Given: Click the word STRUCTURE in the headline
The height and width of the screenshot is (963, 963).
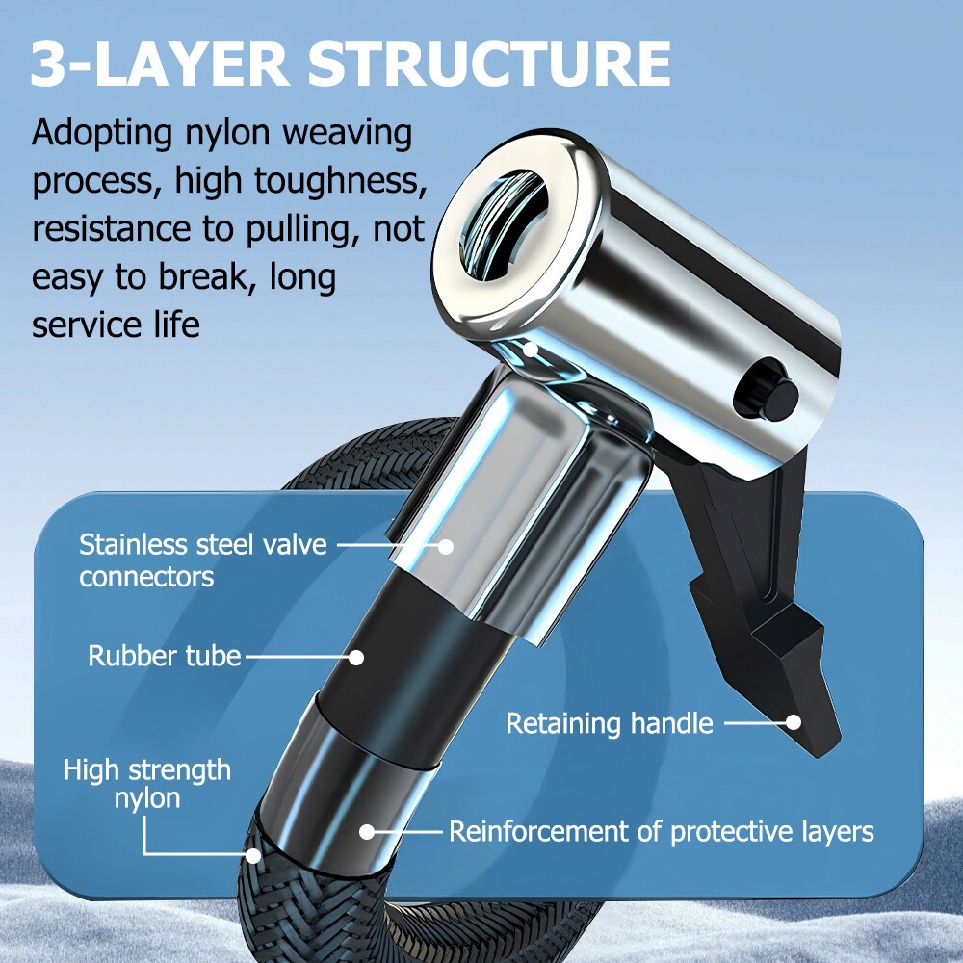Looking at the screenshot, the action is click(x=489, y=64).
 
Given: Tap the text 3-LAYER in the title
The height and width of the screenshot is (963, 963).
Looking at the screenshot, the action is click(x=160, y=64).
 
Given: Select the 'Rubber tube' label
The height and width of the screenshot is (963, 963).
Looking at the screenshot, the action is click(x=165, y=656).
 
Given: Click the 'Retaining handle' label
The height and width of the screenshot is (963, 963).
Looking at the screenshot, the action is click(x=610, y=723).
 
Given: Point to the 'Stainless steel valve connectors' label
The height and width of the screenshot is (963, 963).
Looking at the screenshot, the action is click(x=202, y=560).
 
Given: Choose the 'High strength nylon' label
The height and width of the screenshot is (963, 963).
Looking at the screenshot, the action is click(x=147, y=784).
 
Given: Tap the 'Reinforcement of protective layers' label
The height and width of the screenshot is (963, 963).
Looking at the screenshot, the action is click(x=662, y=832).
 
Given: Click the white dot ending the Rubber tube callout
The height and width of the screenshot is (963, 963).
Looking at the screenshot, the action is click(x=356, y=658).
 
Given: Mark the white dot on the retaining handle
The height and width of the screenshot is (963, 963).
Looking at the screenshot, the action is click(x=794, y=722).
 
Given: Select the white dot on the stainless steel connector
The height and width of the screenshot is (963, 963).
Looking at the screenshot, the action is click(x=446, y=546).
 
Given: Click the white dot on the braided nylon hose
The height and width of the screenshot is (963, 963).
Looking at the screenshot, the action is click(x=253, y=855).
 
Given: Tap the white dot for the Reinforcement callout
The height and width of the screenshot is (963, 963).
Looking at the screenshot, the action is click(x=367, y=832).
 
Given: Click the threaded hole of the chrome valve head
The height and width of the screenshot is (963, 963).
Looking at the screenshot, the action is click(x=503, y=226).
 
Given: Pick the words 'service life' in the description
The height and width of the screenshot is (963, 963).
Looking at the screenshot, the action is click(x=117, y=325).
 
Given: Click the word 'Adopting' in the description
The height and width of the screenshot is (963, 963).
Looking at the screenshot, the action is click(x=102, y=133).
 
